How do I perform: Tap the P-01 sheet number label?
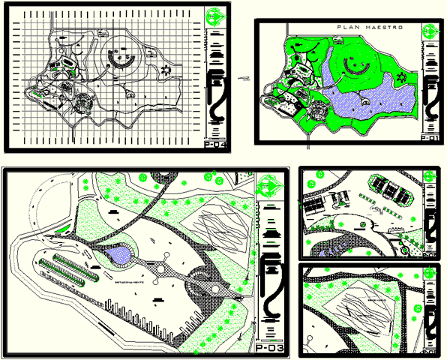click(430, 138)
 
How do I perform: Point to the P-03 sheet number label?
click(269, 348)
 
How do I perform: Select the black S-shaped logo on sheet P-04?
click(217, 96)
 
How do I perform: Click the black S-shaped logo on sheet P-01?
click(430, 94)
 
